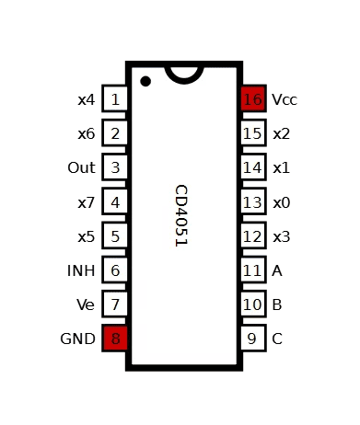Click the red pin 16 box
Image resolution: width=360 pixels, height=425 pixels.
[253, 99]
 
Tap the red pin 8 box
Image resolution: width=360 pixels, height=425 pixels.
[115, 339]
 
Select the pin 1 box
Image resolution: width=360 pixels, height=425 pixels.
[115, 99]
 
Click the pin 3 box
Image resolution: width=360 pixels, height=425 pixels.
[115, 167]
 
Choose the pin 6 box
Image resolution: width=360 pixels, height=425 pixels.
[115, 270]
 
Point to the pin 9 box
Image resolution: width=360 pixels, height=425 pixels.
[253, 339]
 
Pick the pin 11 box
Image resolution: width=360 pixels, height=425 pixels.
[253, 270]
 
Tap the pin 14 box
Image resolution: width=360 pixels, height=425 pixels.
[253, 167]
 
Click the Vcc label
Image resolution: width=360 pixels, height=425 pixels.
[285, 99]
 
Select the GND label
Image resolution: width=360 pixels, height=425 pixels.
[77, 339]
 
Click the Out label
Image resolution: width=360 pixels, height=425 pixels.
[81, 167]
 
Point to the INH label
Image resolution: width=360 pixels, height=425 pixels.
[81, 270]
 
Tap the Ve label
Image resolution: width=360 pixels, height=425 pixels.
[86, 304]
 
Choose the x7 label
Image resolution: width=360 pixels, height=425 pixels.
[86, 202]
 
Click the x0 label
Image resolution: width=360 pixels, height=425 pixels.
[281, 202]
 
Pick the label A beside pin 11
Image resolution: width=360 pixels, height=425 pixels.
[277, 270]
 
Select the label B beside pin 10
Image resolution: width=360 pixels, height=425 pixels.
[277, 304]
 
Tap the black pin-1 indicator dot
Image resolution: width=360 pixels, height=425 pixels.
[145, 81]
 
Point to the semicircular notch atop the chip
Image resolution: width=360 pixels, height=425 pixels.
[184, 71]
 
